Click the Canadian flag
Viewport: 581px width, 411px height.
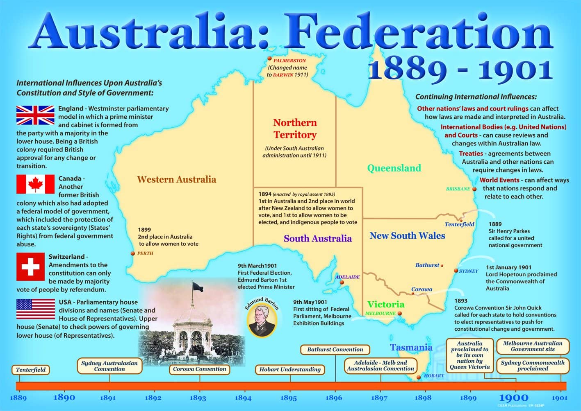(35, 184)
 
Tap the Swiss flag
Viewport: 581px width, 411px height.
(30, 266)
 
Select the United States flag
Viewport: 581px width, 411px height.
(36, 309)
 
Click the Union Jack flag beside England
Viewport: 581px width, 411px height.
(35, 115)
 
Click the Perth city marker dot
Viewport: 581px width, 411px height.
(133, 253)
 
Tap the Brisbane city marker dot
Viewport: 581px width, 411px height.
(474, 189)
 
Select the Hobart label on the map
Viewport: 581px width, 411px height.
(434, 375)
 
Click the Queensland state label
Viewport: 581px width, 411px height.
(394, 168)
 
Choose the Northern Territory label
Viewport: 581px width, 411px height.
(295, 129)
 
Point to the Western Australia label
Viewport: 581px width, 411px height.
(176, 179)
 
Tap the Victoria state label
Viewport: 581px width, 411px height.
(386, 304)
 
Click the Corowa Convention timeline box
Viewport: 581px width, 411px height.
(200, 369)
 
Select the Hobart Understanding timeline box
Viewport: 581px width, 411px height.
(290, 369)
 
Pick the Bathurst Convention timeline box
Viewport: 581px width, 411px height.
(335, 350)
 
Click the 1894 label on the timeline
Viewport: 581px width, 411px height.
(243, 398)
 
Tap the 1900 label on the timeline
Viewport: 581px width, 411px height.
(513, 398)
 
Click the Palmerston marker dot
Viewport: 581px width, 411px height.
(269, 59)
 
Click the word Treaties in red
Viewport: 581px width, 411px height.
(471, 154)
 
